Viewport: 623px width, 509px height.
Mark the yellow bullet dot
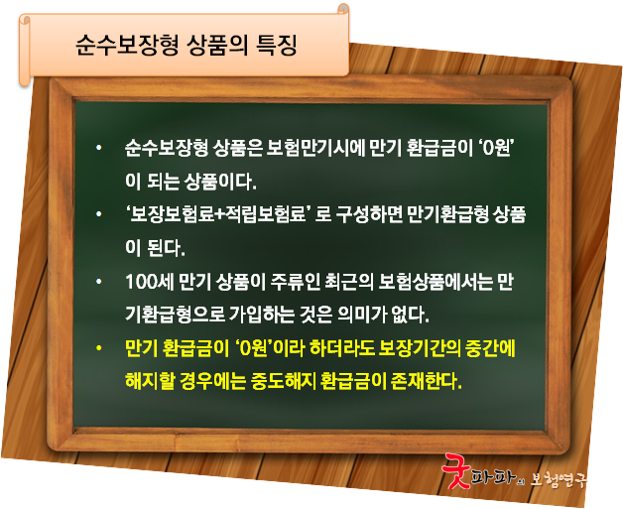[x=98, y=348]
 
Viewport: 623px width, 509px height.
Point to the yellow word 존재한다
[x=428, y=381]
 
